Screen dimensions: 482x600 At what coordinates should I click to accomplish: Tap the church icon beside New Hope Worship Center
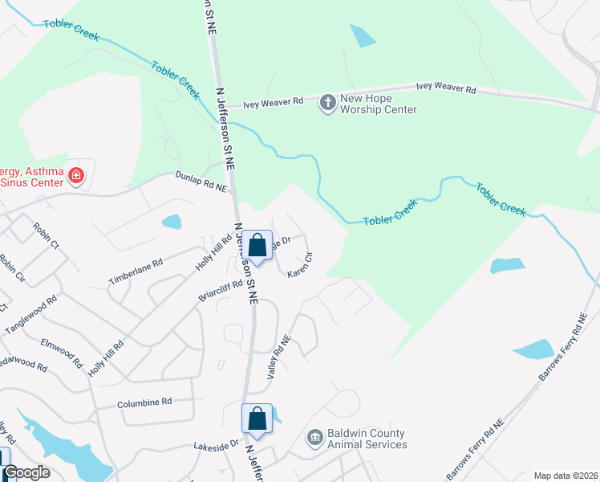pos(327,103)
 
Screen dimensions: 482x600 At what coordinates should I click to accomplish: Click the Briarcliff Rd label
pos(220,291)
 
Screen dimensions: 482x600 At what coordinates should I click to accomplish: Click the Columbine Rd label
pos(144,402)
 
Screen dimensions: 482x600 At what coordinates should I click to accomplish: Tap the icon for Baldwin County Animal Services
pos(315,438)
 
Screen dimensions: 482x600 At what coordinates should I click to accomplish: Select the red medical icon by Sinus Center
pos(76,175)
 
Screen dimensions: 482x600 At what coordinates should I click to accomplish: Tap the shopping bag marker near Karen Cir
pos(257,245)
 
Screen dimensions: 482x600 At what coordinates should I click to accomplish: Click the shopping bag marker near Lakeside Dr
pos(257,419)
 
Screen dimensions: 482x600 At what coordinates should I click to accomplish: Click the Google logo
pos(26,472)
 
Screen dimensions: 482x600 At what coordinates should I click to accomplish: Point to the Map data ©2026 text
pos(566,476)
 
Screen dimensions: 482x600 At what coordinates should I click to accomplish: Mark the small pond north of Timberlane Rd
pos(172,222)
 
